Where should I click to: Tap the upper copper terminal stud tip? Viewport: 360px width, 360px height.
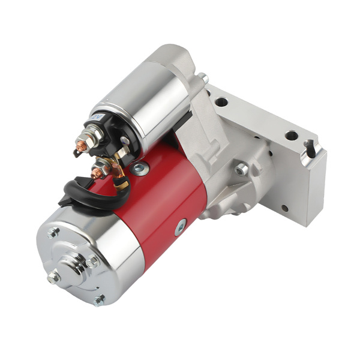tap(78, 146)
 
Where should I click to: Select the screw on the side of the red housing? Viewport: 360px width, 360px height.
tap(181, 228)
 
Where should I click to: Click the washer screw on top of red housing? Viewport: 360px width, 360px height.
tap(139, 169)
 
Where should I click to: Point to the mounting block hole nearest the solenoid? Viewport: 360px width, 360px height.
tap(221, 101)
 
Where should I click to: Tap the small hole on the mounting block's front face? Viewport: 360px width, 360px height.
tap(284, 208)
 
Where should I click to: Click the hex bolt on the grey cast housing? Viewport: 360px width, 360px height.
tap(241, 170)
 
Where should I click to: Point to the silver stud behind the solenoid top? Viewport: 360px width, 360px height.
tap(204, 78)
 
